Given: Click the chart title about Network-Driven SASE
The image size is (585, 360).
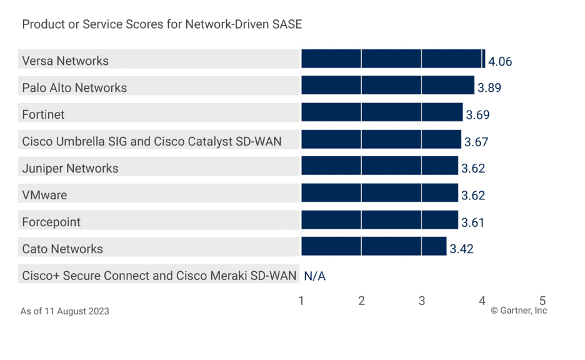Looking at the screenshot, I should point(162,24).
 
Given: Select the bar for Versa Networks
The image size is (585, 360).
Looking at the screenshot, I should point(393,59).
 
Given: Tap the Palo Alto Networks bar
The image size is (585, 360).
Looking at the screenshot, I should point(387,86).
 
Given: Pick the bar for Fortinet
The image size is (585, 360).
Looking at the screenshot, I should point(382,112).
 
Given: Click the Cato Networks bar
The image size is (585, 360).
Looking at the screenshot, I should point(374,246).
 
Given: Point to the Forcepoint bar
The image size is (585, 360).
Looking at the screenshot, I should point(379,220).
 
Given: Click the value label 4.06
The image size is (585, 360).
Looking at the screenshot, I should point(500,61).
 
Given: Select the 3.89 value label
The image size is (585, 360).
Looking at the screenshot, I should point(489,88).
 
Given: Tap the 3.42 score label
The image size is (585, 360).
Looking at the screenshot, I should point(461,249).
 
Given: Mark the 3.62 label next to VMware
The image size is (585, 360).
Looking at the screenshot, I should point(473,196).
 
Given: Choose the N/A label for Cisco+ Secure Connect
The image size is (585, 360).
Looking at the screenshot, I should point(315,276).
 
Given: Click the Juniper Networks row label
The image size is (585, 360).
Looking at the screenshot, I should point(70,168).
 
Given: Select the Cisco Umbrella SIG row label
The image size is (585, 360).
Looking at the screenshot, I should point(152,141).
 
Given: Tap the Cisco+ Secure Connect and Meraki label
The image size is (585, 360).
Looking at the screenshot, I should point(159,276).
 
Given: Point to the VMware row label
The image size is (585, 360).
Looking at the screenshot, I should point(44,195).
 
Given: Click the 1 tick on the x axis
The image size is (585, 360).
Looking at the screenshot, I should point(301,301).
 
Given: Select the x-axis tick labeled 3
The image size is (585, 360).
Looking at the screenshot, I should point(422,301).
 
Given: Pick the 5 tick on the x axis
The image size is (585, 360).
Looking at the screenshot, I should point(542,300).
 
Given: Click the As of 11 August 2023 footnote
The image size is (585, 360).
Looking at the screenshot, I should point(64,311).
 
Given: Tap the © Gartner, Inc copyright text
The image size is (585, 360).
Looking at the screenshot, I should point(518,311).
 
